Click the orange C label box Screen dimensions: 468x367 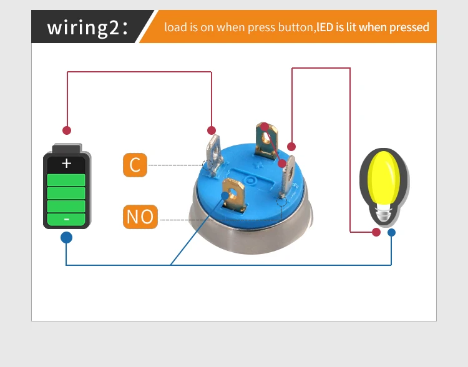point(135,165)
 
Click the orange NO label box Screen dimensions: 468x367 point(140,217)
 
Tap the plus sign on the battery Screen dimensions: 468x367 point(66,164)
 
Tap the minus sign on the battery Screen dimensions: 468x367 point(67,220)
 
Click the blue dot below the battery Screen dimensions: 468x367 point(66,238)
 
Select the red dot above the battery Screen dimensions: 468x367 point(67,130)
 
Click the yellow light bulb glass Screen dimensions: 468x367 point(384,178)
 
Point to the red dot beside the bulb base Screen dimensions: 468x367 point(376,232)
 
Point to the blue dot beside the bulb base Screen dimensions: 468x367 point(392,232)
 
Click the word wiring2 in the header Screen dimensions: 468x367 point(83,27)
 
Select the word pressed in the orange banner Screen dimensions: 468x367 point(409,27)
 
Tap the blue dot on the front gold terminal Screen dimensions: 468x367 point(225,195)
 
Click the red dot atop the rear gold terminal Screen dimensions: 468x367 point(265,127)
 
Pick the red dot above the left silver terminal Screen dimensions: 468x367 point(212,130)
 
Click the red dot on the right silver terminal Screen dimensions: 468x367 point(282,164)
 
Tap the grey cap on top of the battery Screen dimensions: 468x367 point(67,148)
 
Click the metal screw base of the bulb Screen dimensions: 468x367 point(383,213)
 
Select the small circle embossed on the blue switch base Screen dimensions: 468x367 point(250,180)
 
